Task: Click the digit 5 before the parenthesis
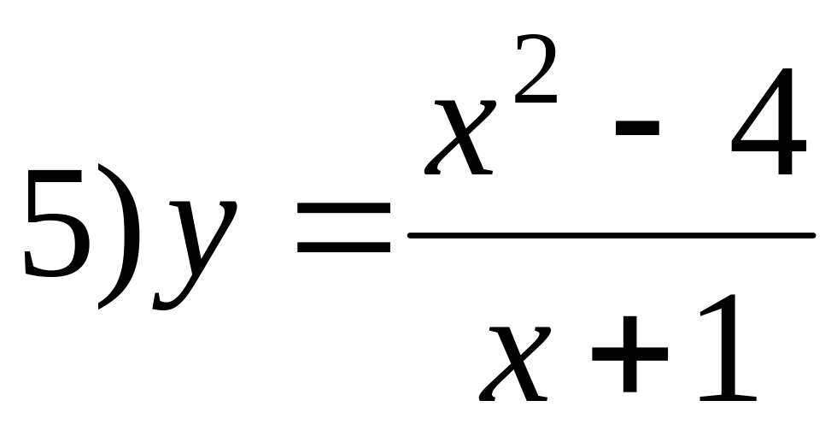(x=56, y=224)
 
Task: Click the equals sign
(x=343, y=229)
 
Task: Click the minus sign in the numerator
(x=636, y=127)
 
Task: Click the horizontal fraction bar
(x=611, y=234)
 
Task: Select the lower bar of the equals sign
(x=343, y=250)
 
